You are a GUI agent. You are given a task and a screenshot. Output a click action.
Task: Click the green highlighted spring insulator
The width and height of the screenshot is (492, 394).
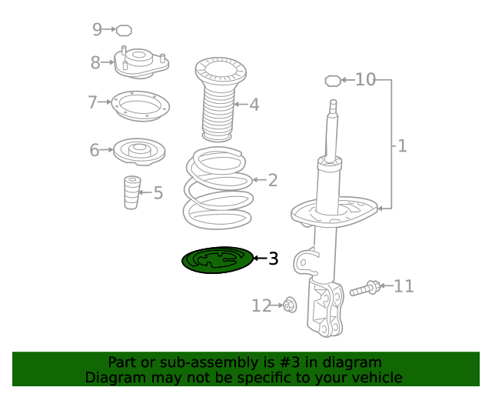tap(218, 260)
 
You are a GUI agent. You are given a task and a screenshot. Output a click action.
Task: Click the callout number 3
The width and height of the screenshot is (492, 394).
tap(273, 259)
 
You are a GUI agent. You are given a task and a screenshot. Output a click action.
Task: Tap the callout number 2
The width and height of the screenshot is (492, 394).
tap(272, 181)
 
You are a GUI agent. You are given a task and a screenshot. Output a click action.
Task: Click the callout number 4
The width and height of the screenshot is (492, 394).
tap(254, 105)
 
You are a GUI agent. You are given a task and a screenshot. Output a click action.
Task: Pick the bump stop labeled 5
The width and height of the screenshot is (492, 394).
tap(132, 192)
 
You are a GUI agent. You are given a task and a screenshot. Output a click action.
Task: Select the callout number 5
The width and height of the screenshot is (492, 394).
tap(158, 192)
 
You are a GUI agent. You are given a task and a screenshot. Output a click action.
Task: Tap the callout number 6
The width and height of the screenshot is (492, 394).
tap(95, 150)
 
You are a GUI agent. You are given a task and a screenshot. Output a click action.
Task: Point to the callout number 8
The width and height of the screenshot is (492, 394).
tap(95, 63)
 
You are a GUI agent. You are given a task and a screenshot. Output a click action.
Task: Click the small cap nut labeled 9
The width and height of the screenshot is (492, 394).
tap(124, 30)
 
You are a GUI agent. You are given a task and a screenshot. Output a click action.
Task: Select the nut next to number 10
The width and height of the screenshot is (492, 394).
tap(332, 79)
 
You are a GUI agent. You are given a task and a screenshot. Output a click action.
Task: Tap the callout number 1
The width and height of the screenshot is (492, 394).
tap(402, 145)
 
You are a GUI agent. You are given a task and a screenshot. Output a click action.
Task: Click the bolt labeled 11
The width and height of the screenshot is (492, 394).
tap(365, 289)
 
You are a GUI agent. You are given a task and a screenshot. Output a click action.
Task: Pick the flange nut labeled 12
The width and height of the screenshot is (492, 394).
tap(290, 306)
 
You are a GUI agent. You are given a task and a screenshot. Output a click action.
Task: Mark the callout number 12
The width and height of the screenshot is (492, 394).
tap(261, 306)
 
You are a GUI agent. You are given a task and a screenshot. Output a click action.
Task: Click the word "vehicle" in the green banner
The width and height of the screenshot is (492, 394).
tap(376, 378)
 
